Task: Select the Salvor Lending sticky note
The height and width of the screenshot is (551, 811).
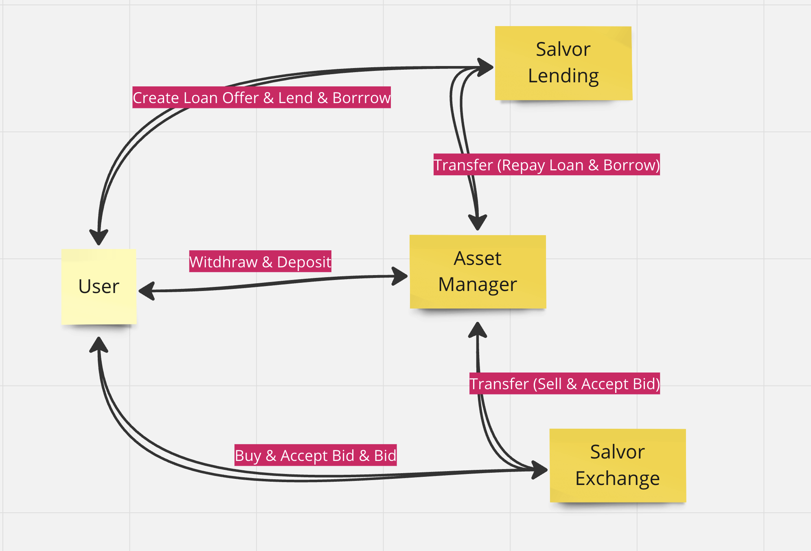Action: tap(563, 63)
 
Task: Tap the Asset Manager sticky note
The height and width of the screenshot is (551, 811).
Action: tap(478, 271)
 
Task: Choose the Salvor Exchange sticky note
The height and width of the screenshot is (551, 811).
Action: tap(618, 465)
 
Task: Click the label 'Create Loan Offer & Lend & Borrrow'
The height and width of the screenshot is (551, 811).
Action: tap(261, 97)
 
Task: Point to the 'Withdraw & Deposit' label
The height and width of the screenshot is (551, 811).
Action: tap(260, 261)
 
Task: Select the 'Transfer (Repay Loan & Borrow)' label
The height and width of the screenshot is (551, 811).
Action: tap(546, 165)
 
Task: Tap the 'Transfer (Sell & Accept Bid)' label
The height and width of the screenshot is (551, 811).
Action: tap(564, 383)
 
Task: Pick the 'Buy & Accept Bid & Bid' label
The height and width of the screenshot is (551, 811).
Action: tap(316, 455)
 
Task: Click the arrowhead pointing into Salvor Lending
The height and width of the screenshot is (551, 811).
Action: tap(485, 67)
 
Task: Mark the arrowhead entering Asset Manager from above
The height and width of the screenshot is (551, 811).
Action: tap(478, 223)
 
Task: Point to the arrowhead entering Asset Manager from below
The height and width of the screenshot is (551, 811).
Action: tap(478, 329)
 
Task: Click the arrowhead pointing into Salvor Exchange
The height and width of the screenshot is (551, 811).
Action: tap(540, 470)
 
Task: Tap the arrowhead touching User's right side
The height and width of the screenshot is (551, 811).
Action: tap(147, 291)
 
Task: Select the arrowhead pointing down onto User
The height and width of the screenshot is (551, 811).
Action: tap(99, 237)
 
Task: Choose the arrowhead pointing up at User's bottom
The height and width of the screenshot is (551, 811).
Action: tap(99, 345)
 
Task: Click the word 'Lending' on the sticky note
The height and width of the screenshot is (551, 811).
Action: tap(563, 76)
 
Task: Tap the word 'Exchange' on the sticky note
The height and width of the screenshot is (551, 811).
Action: tap(618, 478)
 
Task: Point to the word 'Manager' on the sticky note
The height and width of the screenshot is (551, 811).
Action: tap(478, 284)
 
